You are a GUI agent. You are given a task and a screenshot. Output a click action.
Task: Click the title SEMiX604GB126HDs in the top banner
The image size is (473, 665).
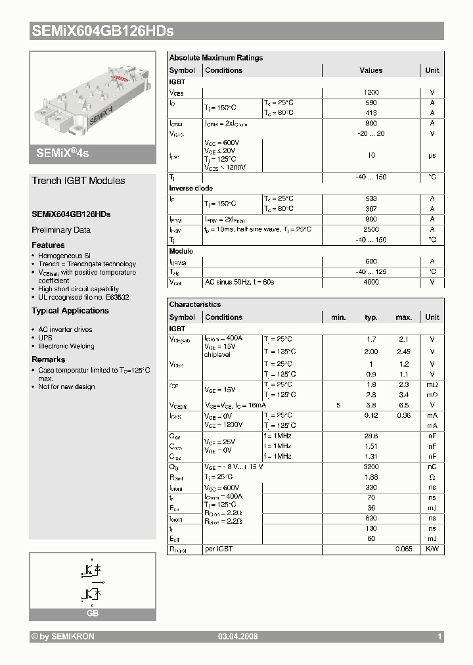(x=102, y=31)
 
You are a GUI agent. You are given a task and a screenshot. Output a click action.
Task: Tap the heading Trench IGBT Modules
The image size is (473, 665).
(x=78, y=181)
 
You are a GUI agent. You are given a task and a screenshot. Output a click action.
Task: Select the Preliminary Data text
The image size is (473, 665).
(x=61, y=230)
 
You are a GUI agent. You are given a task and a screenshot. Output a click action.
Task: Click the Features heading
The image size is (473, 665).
(x=48, y=244)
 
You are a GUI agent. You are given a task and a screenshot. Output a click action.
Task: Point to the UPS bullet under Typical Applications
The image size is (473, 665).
(x=45, y=338)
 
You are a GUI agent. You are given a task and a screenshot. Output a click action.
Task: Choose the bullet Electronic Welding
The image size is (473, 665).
(x=66, y=346)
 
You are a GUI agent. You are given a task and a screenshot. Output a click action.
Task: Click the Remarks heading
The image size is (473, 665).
(x=49, y=359)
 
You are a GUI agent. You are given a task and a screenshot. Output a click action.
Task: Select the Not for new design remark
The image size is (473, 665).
(x=66, y=387)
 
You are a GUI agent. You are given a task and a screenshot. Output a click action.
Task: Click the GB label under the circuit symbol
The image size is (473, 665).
(x=93, y=613)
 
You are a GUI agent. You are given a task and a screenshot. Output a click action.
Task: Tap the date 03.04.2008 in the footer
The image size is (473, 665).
(x=238, y=637)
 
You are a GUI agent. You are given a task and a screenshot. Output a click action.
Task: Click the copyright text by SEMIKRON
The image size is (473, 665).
(x=63, y=637)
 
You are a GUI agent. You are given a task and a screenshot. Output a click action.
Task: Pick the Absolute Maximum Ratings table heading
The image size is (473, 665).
(x=215, y=58)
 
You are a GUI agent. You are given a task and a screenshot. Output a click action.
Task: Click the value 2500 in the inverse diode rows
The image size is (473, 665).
(x=371, y=229)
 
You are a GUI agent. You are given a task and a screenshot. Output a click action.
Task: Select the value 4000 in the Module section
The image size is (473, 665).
(x=371, y=282)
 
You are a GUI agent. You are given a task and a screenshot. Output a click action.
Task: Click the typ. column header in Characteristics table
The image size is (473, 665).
(x=371, y=317)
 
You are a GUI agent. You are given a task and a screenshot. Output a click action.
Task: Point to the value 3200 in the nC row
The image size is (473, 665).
(x=371, y=467)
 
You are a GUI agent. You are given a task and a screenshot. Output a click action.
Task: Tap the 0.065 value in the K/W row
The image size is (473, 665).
(x=403, y=549)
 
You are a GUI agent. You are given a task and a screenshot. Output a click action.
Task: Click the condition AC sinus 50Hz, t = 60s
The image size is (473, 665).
(x=239, y=282)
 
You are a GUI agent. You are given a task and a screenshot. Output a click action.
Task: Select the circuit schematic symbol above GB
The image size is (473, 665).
(x=93, y=579)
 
